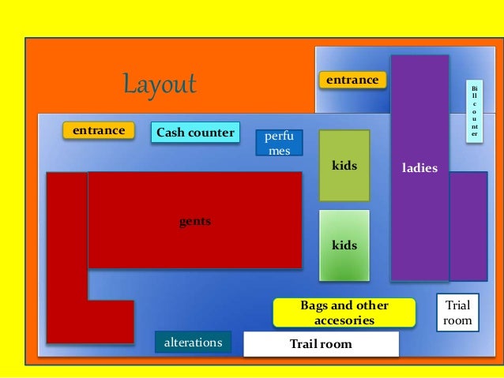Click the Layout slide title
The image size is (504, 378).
pos(159,84)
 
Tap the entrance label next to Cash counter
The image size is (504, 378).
pos(99,130)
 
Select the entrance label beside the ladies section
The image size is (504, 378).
pos(352,80)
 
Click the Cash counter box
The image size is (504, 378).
pos(195,133)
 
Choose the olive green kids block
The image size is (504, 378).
pos(344,166)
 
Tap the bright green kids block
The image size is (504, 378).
pos(344,245)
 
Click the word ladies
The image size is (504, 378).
pos(419,167)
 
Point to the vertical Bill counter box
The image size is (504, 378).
pos(474,110)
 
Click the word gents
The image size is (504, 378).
pos(195,222)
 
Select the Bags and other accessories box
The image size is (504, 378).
pos(344,313)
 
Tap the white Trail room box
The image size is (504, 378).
pos(321,344)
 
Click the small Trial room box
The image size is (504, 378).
pos(458,313)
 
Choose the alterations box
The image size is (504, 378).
pos(193,342)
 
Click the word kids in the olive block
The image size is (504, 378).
pos(344,166)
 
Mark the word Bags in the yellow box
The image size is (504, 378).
pos(314,305)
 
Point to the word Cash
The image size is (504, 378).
pos(170,133)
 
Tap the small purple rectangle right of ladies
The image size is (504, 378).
pos(468,226)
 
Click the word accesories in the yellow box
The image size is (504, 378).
pos(344,320)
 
